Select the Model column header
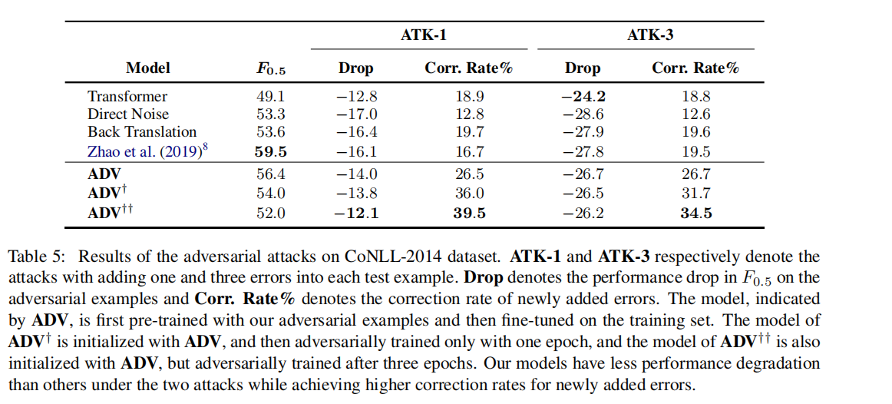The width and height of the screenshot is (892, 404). point(148,68)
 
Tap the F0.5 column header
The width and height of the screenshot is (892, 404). point(270,68)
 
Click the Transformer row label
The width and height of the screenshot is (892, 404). point(127,96)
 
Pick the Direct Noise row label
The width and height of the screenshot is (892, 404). point(128,114)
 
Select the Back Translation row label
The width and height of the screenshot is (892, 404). point(142,131)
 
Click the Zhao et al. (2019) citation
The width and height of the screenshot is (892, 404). point(145,150)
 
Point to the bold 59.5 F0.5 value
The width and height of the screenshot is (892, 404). point(270,151)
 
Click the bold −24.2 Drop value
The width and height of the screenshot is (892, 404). point(583,96)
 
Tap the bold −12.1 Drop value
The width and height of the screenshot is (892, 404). point(356,213)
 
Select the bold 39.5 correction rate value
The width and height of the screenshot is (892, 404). point(468,213)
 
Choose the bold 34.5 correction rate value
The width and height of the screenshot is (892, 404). point(695,213)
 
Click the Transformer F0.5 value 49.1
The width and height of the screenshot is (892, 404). point(270,96)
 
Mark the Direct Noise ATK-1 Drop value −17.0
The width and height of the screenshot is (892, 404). point(356,114)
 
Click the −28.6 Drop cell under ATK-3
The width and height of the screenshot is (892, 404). point(583,114)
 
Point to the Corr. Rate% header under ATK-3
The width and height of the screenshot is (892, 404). point(695,68)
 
